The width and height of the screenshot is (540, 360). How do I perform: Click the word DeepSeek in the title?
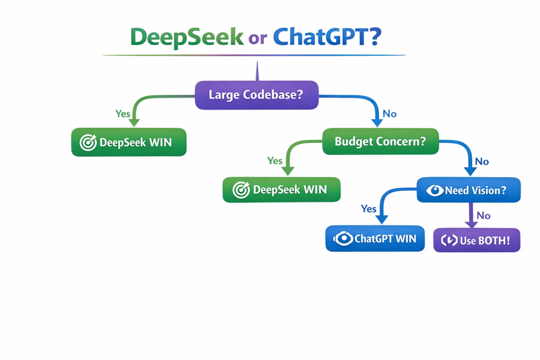[187, 37]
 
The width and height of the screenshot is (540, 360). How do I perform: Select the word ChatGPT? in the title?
[327, 37]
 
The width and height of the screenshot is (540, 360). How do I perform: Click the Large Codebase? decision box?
[256, 95]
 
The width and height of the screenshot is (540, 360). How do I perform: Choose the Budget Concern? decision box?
[380, 141]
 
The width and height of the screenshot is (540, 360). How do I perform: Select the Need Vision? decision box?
[468, 190]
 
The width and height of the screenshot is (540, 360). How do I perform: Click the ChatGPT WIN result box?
[374, 239]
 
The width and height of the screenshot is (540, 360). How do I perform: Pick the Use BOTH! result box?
[477, 240]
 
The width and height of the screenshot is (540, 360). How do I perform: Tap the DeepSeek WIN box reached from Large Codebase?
[129, 142]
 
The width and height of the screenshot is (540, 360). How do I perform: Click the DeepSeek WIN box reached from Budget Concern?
[281, 190]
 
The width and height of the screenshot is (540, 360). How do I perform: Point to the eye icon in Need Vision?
[435, 190]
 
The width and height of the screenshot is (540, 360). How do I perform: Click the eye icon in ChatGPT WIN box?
[343, 239]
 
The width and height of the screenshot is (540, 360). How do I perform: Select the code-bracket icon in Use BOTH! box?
[449, 240]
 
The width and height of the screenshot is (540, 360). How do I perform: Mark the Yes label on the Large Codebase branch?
[122, 114]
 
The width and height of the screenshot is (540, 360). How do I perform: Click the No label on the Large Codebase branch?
[390, 114]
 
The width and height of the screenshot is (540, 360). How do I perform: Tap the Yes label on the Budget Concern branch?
[275, 161]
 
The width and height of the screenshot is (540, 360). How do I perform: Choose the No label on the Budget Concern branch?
[482, 161]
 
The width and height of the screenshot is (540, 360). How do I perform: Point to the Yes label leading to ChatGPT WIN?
[369, 209]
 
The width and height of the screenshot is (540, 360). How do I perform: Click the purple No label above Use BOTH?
[484, 216]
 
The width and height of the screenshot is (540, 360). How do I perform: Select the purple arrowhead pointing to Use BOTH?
[471, 224]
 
